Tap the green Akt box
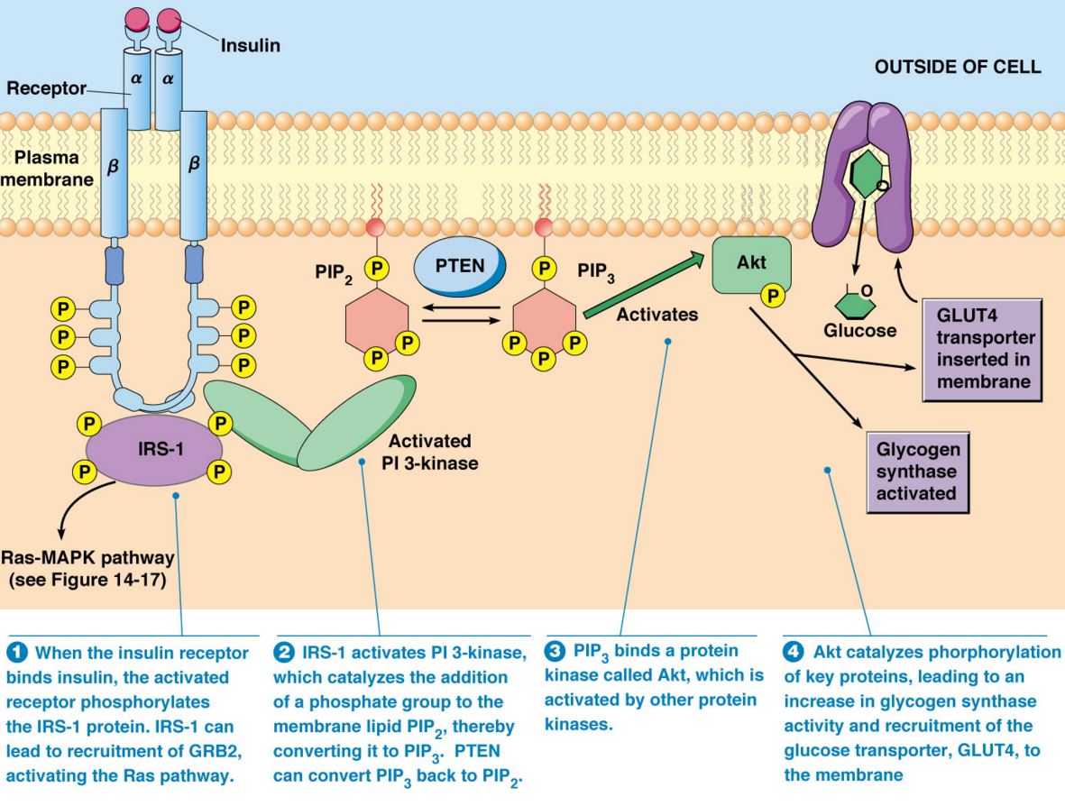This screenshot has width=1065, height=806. coord(751,265)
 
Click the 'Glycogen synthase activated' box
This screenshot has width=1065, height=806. coord(917,472)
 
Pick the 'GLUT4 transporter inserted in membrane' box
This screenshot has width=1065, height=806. coord(982,350)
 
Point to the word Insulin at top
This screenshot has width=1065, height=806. coord(250,45)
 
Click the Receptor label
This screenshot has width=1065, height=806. coord(46,88)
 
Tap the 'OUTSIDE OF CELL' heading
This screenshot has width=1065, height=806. coord(957,67)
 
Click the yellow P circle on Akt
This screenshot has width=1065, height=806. coord(772,296)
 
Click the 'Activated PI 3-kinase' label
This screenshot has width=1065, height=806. coord(430,453)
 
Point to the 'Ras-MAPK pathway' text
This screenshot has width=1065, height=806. coord(87,558)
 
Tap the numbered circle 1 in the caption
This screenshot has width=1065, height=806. coord(16,653)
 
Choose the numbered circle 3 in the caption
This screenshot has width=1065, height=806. coord(555,651)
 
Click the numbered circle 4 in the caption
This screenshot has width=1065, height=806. coord(793,652)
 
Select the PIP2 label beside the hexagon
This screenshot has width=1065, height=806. coord(334,274)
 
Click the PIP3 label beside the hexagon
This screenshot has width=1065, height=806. coord(596,272)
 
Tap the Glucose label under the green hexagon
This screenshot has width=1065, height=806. coord(860,331)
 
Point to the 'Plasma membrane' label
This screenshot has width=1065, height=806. coord(47,169)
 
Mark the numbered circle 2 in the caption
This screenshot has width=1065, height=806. coord(283,653)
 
